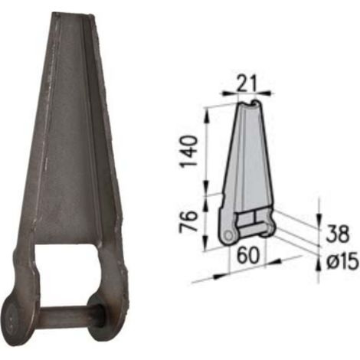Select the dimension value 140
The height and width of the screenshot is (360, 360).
pos(189,152)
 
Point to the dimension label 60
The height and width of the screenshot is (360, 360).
pos(248,256)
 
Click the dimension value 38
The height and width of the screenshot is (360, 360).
pos(338,234)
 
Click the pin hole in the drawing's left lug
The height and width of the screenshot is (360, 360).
pos(228,236)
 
